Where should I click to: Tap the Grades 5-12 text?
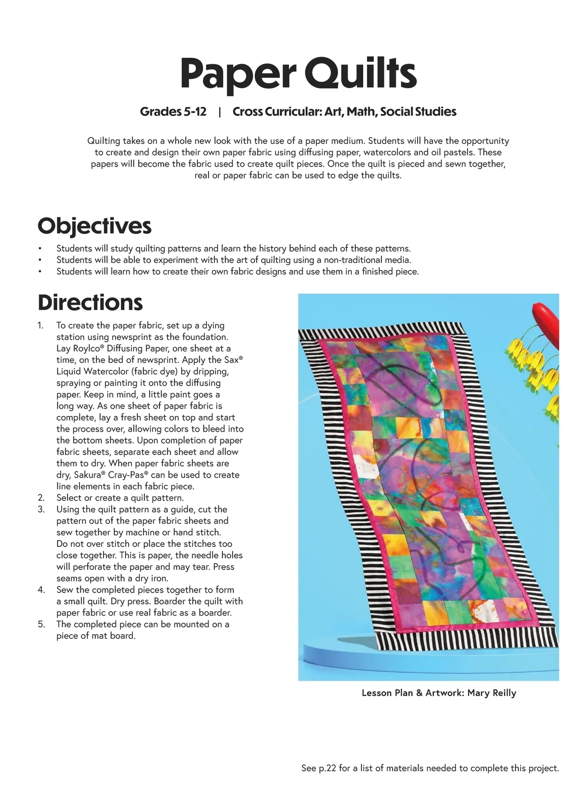pos(173,112)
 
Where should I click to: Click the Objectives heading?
pos(94,226)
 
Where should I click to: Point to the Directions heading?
pos(90,302)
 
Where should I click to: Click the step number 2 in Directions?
pos(41,498)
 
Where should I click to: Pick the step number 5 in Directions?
pos(41,624)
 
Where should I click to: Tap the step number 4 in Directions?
pos(41,590)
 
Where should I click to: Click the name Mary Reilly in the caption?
pos(491,693)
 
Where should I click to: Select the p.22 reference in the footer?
pos(327,768)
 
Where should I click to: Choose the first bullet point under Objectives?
pos(40,249)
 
